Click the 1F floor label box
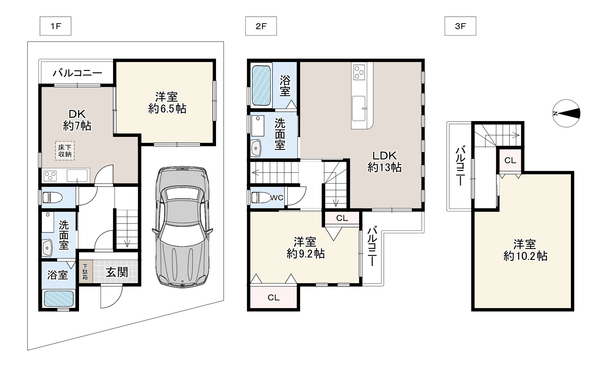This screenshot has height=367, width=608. click(x=55, y=26)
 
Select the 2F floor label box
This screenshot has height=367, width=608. click(x=261, y=26)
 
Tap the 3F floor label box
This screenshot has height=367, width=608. click(x=460, y=26)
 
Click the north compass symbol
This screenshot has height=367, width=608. click(x=566, y=114)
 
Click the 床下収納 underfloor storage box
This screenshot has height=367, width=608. click(x=65, y=151)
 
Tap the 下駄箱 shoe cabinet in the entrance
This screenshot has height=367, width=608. click(x=85, y=271)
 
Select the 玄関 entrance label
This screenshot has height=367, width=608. click(x=117, y=272)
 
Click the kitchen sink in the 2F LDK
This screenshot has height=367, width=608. click(x=359, y=108)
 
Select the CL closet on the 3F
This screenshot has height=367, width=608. click(x=510, y=161)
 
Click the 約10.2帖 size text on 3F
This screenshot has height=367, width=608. click(x=525, y=256)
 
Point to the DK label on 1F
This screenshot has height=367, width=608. click(x=77, y=114)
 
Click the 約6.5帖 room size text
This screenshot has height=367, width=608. click(x=167, y=108)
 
